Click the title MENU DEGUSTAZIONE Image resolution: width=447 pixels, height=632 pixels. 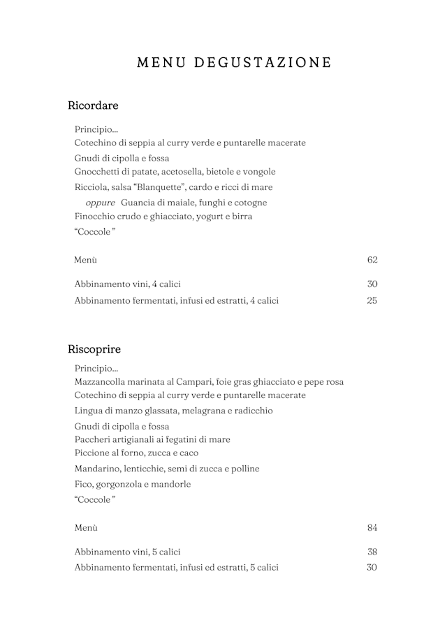tap(234, 63)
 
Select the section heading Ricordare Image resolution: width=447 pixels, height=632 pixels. tap(93, 106)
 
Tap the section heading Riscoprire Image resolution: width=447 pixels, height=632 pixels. tap(94, 349)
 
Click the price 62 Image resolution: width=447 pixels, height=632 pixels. tap(372, 260)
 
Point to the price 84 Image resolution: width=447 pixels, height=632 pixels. tap(372, 528)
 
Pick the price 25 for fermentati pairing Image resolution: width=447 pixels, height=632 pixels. tap(372, 301)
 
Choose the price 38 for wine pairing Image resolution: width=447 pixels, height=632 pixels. tap(372, 552)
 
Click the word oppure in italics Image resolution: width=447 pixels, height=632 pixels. tap(100, 203)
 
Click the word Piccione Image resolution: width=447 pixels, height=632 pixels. tap(93, 453)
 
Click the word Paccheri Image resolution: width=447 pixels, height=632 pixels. tap(94, 440)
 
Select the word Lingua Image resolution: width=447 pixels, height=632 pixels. tap(89, 411)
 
